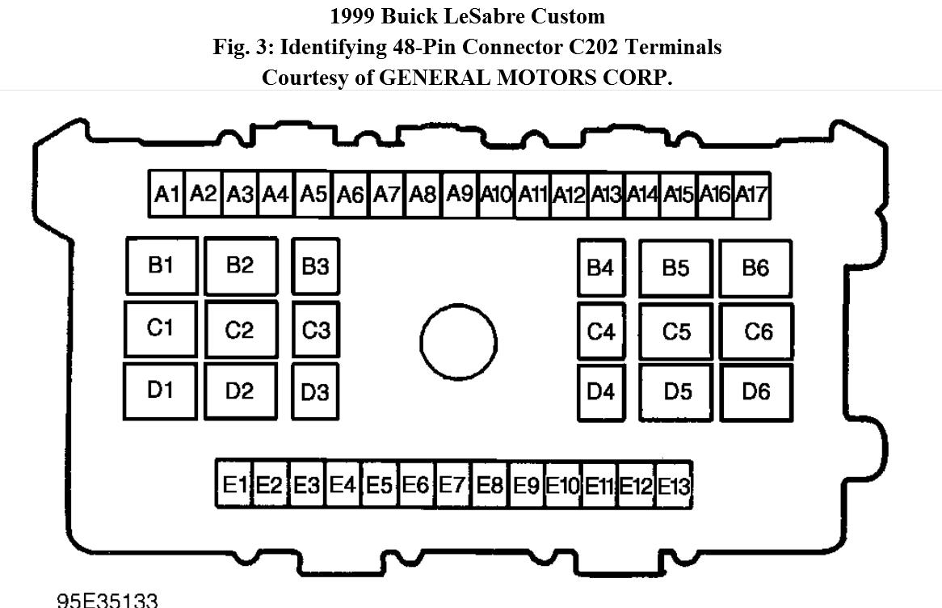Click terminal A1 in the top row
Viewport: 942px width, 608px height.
pos(166,194)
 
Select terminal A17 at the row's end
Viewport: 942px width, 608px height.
pos(751,195)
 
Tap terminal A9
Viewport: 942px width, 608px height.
pos(460,194)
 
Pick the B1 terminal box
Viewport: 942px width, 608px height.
pos(161,265)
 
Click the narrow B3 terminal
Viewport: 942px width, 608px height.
pos(315,266)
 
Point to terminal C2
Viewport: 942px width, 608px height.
pos(240,330)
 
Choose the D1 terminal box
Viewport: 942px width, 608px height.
pos(160,391)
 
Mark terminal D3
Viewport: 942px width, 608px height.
pos(315,392)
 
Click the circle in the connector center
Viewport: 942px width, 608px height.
pos(458,341)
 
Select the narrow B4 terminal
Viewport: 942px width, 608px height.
pos(601,268)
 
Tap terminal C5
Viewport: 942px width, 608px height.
pos(676,331)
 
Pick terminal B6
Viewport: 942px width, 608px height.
pos(755,268)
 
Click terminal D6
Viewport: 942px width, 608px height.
pos(756,392)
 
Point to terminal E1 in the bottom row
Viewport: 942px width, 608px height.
pos(233,484)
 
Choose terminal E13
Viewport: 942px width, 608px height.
pos(674,486)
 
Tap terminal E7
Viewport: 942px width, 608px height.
pos(452,484)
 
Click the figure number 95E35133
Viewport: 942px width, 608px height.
pos(107,600)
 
